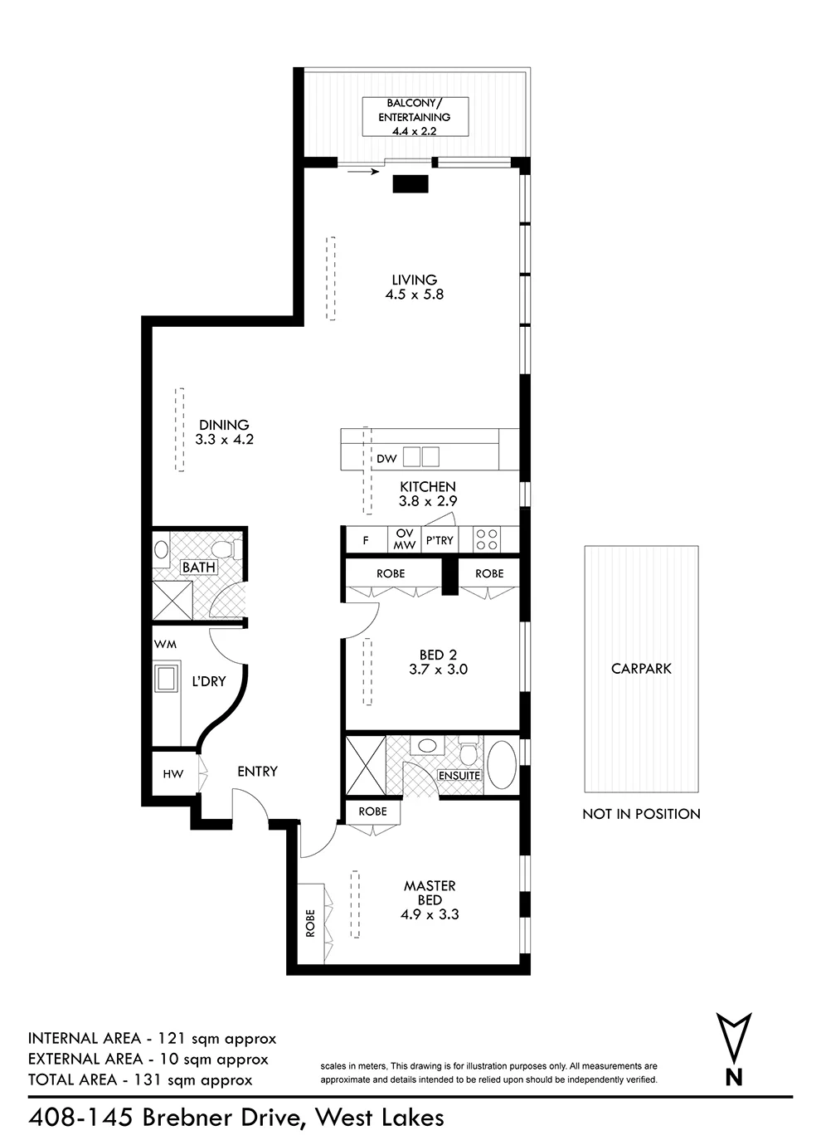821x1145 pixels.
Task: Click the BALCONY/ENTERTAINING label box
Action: pyautogui.click(x=415, y=117)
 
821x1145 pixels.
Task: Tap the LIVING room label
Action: pyautogui.click(x=415, y=280)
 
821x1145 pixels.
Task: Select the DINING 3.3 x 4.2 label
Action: pyautogui.click(x=224, y=432)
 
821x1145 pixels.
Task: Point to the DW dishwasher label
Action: pyautogui.click(x=386, y=459)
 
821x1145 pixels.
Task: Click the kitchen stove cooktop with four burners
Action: pyautogui.click(x=487, y=539)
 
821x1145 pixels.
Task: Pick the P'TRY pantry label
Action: pyautogui.click(x=440, y=540)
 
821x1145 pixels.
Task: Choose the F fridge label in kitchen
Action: pyautogui.click(x=366, y=540)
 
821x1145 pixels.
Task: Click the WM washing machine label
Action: pyautogui.click(x=165, y=645)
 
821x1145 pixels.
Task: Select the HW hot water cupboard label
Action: pyautogui.click(x=172, y=774)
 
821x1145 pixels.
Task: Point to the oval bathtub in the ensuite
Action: pyautogui.click(x=502, y=764)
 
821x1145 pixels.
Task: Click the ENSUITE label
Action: pyautogui.click(x=459, y=776)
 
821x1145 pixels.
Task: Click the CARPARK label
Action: pyautogui.click(x=641, y=669)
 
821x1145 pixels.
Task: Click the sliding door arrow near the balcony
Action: pyautogui.click(x=363, y=172)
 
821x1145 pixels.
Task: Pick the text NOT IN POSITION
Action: pyautogui.click(x=641, y=814)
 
